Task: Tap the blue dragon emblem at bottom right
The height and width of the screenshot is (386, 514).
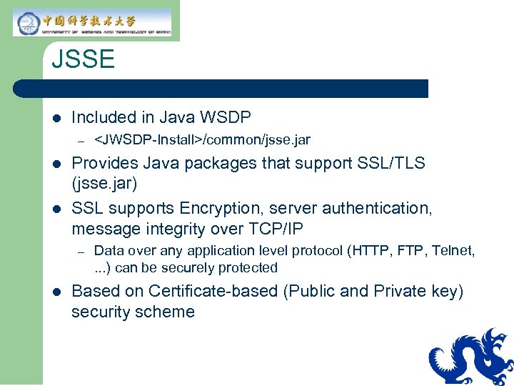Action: point(472,357)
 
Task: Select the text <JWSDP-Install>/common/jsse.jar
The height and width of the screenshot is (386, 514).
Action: point(202,139)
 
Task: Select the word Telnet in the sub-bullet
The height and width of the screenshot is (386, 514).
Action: point(451,250)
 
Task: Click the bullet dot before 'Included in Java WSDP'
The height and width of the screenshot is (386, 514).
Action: point(56,118)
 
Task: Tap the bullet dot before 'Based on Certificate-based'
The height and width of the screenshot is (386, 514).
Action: point(56,292)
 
